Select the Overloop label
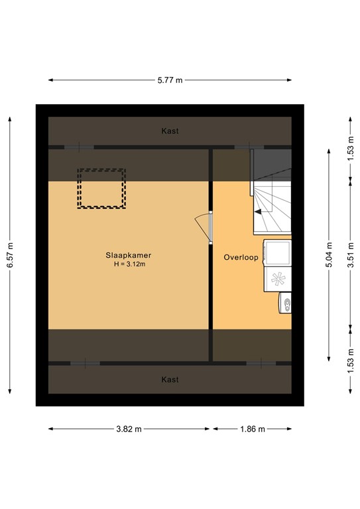point(240,256)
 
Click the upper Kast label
point(170,131)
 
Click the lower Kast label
point(170,380)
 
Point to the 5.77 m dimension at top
point(170,80)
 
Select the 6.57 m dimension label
point(9,255)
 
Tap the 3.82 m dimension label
point(129,429)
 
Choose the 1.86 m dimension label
point(253,429)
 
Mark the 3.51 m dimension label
point(350,255)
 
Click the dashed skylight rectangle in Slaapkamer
point(101,188)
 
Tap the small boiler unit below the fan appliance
point(285,304)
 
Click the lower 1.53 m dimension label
point(350,364)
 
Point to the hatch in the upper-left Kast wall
point(80,146)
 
